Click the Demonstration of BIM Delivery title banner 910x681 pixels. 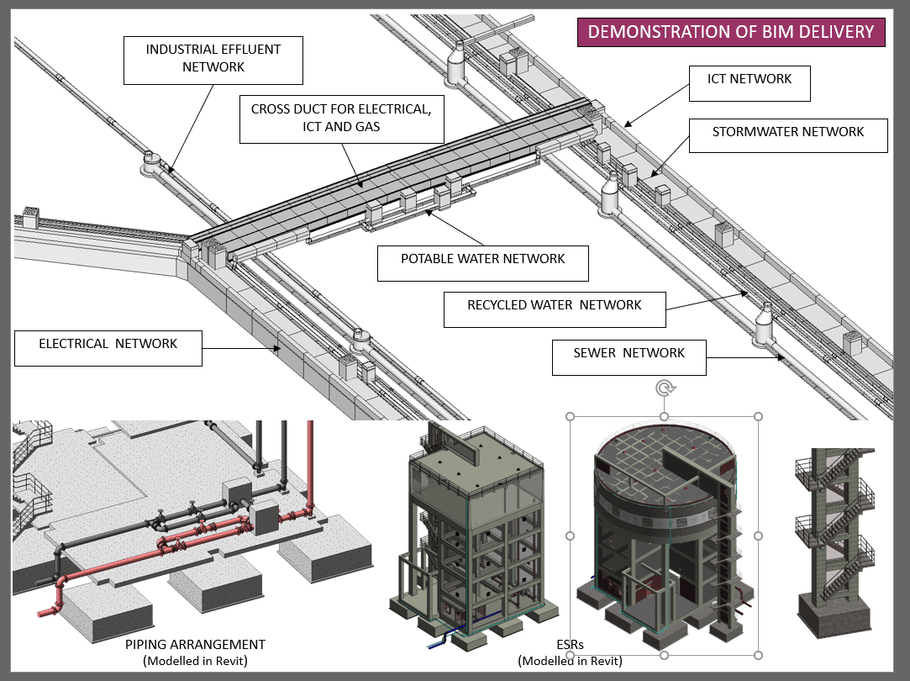point(731,32)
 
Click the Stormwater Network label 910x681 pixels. point(787,133)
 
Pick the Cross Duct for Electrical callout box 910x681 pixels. point(340,118)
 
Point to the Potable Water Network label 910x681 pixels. point(482,260)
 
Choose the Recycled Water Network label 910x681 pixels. point(555,306)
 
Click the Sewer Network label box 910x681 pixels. point(629,354)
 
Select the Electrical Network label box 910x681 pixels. point(108,345)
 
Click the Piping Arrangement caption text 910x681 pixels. point(195,645)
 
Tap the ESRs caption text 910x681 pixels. point(570,645)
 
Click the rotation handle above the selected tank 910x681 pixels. point(665,388)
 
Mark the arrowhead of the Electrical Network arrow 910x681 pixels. point(279,347)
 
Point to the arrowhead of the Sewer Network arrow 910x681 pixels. point(782,358)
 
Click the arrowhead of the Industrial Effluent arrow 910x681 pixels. point(167,169)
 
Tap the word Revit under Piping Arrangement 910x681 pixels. point(227,661)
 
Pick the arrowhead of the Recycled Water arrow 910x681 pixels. point(745,293)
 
